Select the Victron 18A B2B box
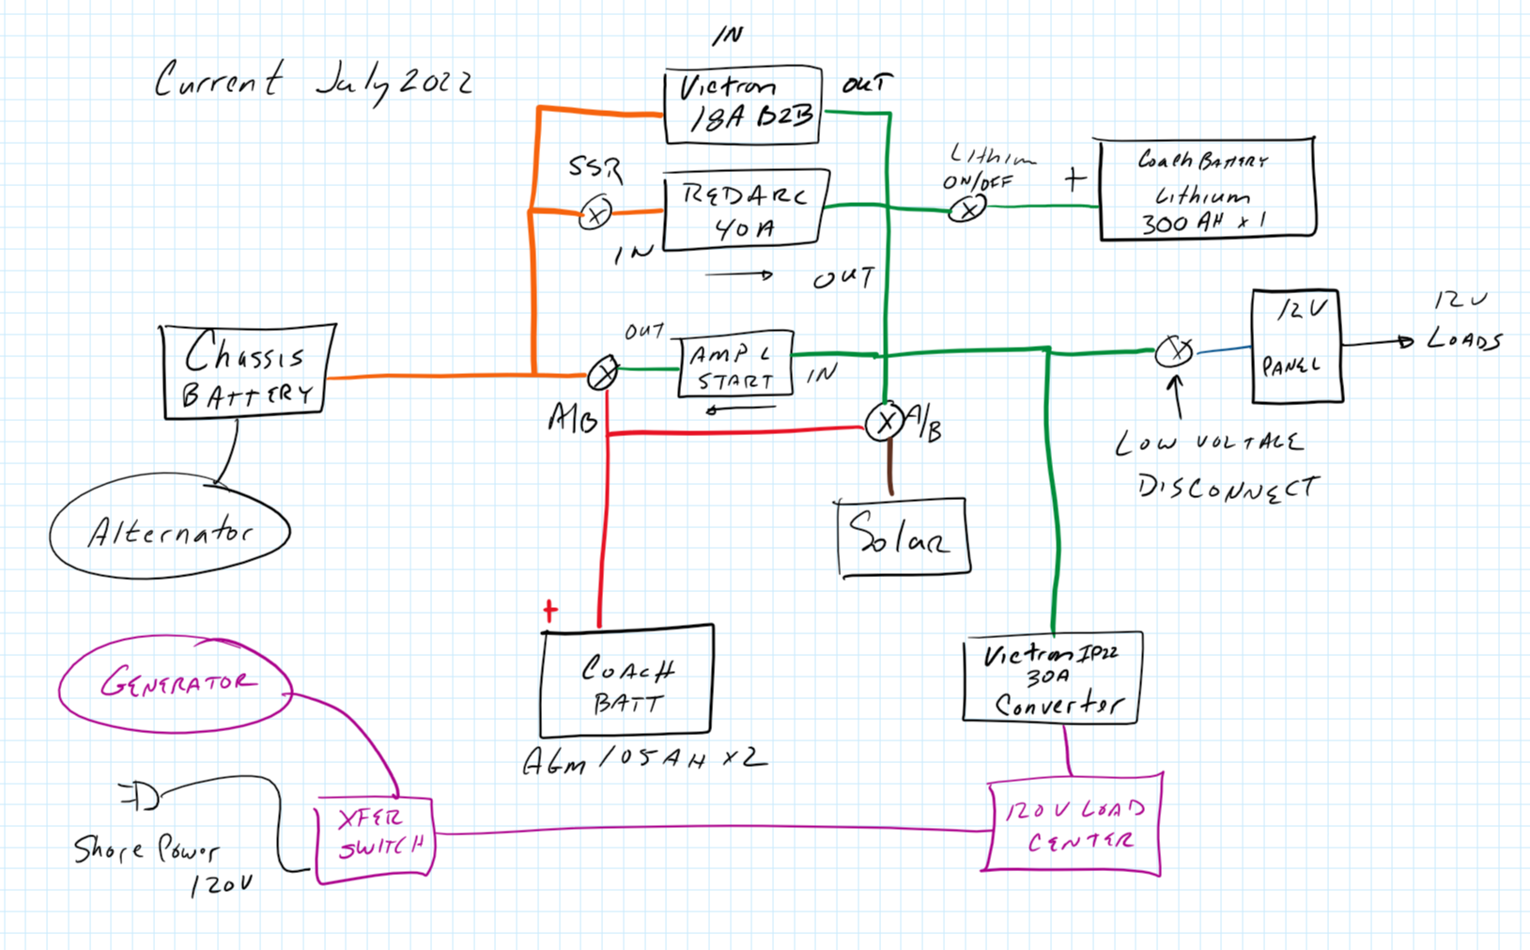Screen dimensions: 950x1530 pos(742,104)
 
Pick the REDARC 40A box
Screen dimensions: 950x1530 pos(745,210)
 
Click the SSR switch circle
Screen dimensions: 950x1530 pos(595,213)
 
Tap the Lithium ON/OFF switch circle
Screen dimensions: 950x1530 pos(966,209)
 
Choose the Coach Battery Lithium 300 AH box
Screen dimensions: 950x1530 pos(1206,190)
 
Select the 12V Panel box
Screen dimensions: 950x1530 pos(1295,347)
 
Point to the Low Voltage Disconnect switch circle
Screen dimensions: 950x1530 pos(1173,351)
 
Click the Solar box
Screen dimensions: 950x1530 pos(903,537)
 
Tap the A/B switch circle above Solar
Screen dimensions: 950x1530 pos(884,422)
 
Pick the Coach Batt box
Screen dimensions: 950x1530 pos(626,681)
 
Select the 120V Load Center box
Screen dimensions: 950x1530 pos(1074,824)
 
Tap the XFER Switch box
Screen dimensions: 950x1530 pos(375,840)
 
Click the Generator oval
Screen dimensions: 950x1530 pos(176,683)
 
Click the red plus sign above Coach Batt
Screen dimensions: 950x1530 pos(550,611)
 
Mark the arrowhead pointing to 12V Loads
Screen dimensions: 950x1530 pos(1405,341)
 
